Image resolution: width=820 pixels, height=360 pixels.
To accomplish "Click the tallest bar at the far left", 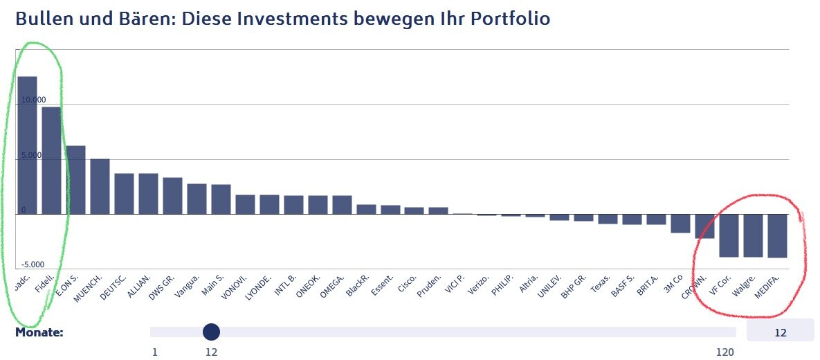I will pos(28,145).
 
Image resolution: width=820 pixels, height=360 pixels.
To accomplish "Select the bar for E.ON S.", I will pos(75,179).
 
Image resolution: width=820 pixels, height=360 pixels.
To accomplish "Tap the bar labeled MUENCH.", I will pos(100,186).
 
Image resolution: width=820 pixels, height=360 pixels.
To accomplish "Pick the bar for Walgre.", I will pos(752,235).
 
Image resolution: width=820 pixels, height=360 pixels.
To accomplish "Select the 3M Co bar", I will pos(680,223).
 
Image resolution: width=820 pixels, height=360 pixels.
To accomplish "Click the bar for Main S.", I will pos(221,199).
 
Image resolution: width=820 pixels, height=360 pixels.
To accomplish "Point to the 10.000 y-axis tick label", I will pos(33,100).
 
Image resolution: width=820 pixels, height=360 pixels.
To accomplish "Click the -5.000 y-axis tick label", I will pos(32,264).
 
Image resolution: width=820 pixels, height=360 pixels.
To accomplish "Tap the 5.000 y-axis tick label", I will pos(31,155).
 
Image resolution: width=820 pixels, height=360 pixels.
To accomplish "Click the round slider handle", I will pos(212,332).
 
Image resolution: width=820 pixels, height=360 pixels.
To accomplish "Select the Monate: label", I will pos(39,332).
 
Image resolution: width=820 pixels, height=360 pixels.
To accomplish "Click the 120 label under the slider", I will pos(725,352).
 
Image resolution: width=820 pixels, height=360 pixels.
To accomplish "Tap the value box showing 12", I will pos(780,332).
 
